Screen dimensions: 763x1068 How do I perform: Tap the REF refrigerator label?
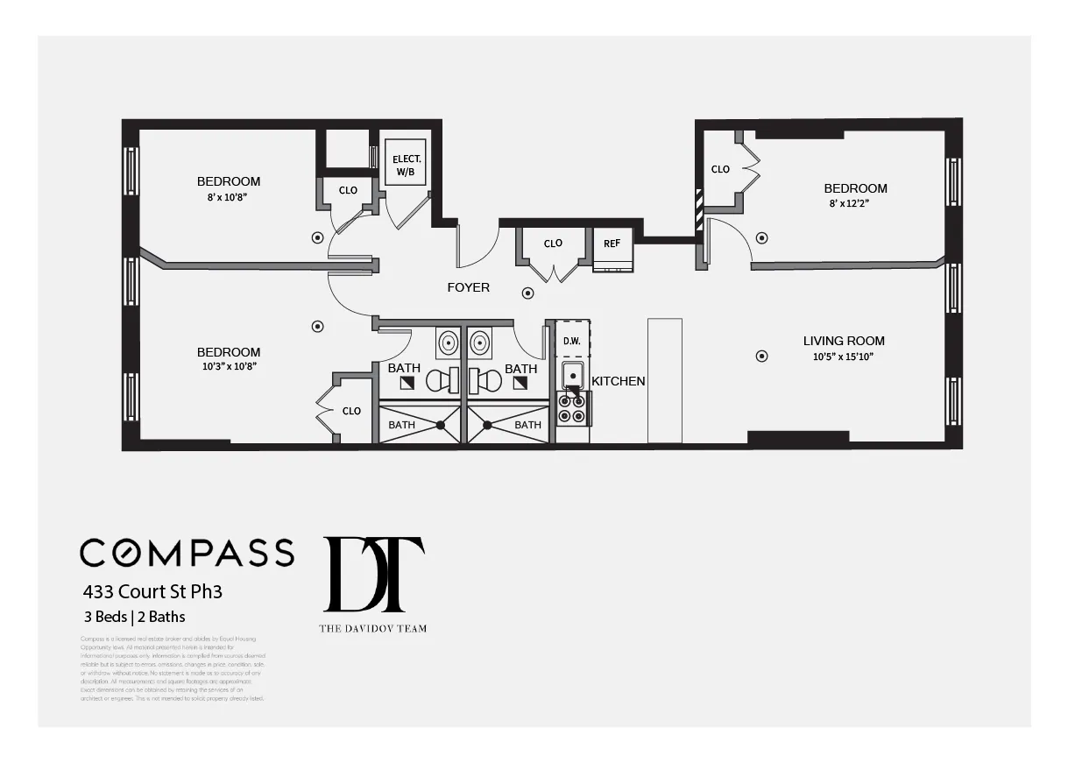click(x=612, y=244)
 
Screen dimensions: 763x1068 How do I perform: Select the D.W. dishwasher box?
click(x=571, y=340)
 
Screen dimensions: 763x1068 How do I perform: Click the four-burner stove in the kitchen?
click(x=573, y=409)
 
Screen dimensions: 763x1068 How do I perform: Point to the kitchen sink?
click(x=573, y=376)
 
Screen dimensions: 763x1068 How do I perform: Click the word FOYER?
click(x=469, y=287)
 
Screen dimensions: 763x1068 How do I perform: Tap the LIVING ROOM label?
click(x=844, y=341)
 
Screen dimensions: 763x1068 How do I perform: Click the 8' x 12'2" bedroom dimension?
click(x=855, y=203)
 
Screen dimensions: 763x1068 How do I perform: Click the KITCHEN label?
click(x=619, y=381)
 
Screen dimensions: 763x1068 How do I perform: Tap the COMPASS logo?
click(x=187, y=552)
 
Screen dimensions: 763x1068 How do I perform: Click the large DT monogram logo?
click(x=374, y=575)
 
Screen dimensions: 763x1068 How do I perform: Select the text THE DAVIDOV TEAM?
click(x=373, y=628)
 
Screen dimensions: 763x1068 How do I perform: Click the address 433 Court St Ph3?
click(x=152, y=591)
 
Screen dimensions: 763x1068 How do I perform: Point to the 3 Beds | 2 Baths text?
click(x=134, y=617)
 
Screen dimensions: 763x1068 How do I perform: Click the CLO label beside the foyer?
click(x=553, y=244)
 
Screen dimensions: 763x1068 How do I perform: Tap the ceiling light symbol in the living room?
click(x=761, y=356)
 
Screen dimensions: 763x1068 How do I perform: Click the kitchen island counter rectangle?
click(x=664, y=381)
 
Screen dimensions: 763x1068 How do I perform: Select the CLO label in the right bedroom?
click(x=720, y=169)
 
